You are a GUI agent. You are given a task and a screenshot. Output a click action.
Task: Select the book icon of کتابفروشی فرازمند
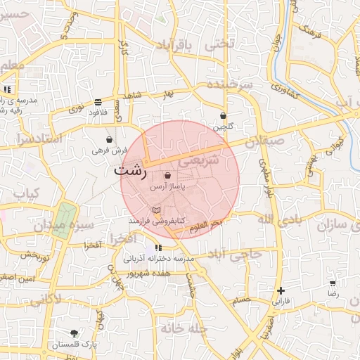156,210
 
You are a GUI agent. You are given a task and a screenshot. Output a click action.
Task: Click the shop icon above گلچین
224,116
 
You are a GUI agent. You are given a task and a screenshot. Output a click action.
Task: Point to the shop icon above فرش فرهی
109,139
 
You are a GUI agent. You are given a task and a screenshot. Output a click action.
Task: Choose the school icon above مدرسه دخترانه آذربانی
158,247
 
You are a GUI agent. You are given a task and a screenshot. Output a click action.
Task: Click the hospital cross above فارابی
281,290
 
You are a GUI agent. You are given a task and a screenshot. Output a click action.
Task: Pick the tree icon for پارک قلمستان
75,333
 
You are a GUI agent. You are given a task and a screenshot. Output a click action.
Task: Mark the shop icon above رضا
333,283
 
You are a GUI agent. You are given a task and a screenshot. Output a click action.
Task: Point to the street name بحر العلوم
206,224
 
